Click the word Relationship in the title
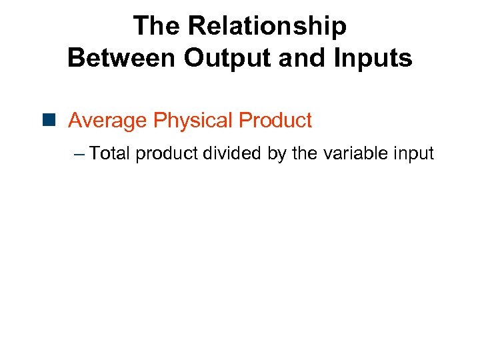267,27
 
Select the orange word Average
107,121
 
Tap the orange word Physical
193,121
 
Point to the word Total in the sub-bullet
110,154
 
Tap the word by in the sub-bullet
277,154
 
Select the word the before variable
305,154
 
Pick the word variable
355,154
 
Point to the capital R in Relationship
197,27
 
